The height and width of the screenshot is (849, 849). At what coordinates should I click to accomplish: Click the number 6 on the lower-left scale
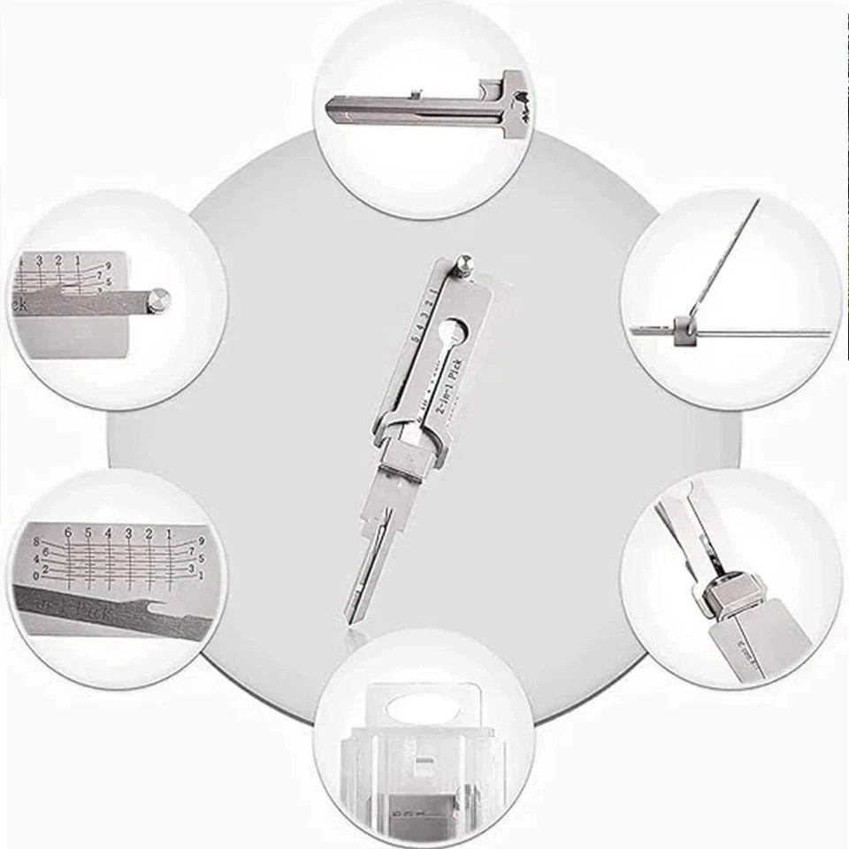[x=68, y=533]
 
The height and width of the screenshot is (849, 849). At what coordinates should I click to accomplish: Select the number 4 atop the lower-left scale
[x=109, y=533]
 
